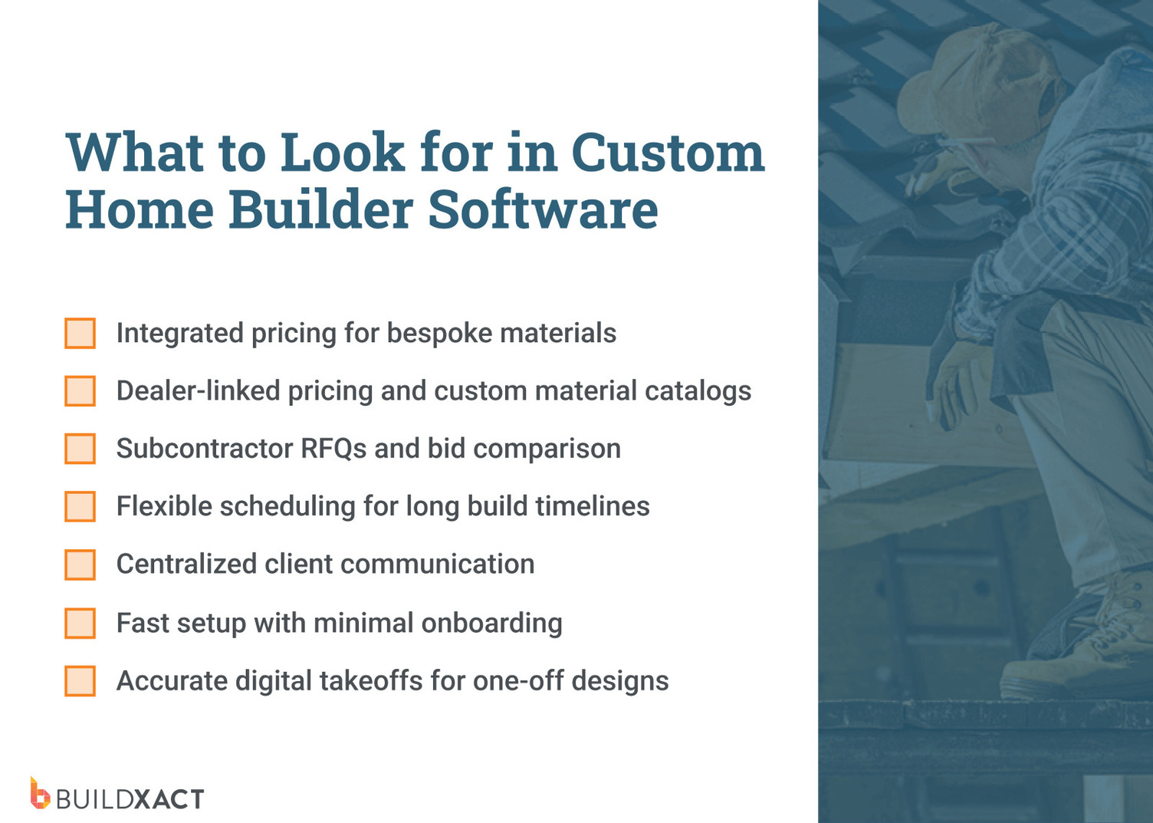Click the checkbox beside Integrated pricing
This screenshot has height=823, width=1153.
tap(80, 334)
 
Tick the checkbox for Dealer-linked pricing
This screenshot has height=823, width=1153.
tap(80, 391)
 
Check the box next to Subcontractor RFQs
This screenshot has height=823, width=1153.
tap(80, 449)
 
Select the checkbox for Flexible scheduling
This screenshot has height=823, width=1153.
tap(80, 506)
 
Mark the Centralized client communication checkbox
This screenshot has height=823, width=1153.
tap(80, 565)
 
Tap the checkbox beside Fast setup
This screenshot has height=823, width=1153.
tap(80, 623)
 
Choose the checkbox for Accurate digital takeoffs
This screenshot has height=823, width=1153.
tap(80, 681)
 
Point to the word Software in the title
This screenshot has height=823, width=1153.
tap(543, 209)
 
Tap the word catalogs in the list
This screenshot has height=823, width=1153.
tap(698, 391)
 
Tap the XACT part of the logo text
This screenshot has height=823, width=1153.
tap(169, 799)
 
